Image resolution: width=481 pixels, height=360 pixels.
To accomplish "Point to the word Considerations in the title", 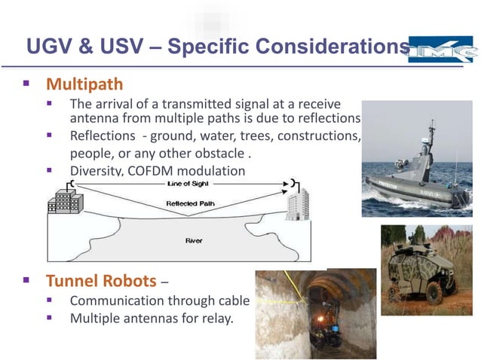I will click(332, 47).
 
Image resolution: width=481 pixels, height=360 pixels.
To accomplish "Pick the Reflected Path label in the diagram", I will click(188, 204).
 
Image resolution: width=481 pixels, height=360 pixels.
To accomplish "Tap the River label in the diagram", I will click(194, 240).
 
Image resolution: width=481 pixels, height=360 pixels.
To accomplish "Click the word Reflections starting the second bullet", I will click(100, 136).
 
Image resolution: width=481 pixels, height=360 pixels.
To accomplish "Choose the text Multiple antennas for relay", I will click(152, 319).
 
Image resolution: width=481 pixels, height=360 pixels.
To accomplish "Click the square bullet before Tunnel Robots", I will click(26, 282).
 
